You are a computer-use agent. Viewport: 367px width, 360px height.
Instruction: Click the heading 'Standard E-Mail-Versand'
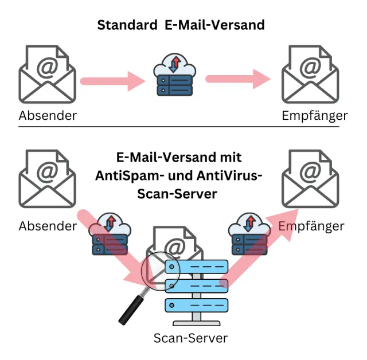[181, 25]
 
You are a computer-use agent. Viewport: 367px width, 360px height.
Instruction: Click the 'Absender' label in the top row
[48, 115]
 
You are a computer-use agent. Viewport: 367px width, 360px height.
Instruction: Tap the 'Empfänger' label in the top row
[315, 116]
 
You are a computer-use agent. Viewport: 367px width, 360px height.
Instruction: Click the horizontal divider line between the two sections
[183, 127]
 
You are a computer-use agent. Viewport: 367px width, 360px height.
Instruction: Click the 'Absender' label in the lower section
[48, 226]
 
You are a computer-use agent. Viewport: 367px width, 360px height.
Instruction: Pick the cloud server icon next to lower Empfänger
[249, 234]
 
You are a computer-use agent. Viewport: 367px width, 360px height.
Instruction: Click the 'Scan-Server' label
[190, 338]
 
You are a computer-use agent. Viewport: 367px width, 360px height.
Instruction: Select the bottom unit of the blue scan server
[197, 304]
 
